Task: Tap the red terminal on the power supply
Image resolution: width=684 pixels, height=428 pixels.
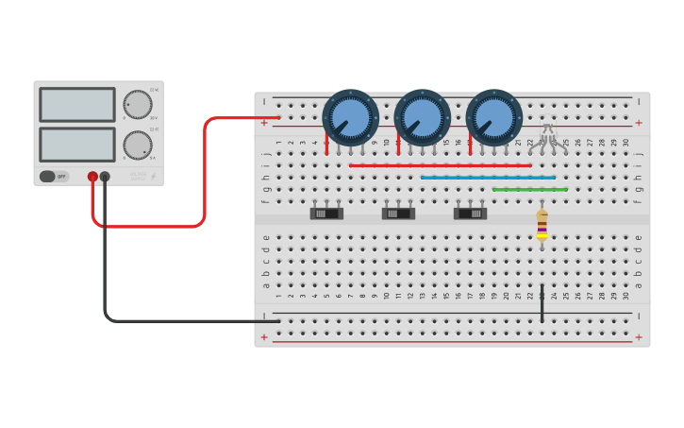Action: point(92,177)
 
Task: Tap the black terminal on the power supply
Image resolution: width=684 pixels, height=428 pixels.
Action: point(105,177)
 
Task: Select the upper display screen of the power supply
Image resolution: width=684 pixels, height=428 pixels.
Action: point(77,105)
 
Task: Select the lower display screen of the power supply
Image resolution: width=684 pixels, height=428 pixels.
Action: point(77,144)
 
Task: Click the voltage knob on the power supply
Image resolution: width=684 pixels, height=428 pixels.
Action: point(138,105)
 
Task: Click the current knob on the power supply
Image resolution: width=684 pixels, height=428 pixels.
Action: point(138,145)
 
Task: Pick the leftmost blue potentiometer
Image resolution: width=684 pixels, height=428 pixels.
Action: point(351,117)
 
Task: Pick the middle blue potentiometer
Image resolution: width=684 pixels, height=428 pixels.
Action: point(423,117)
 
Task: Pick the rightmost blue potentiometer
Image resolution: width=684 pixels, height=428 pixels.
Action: point(493,117)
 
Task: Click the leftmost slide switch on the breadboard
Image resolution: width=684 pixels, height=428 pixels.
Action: point(326,213)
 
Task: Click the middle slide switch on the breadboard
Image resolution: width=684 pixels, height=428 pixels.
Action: point(398,213)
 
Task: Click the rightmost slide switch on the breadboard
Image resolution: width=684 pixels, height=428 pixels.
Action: point(470,213)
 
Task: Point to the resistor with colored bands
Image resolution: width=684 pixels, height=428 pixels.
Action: point(542,225)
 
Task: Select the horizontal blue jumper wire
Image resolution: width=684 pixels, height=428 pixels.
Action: point(488,178)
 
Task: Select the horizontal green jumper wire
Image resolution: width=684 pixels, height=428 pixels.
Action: point(529,189)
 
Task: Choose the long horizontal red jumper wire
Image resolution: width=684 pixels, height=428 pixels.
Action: point(440,165)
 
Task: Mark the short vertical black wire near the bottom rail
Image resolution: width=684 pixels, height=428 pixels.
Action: point(542,302)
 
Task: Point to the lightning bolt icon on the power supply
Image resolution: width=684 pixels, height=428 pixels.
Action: point(154,177)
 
